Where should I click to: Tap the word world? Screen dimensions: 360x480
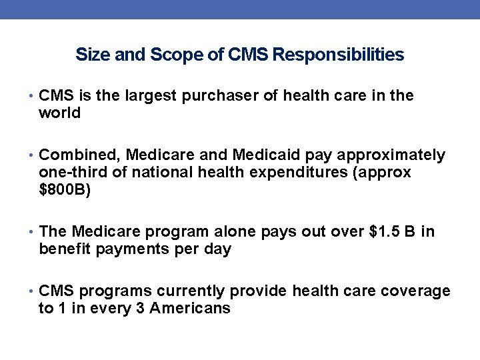click(x=60, y=113)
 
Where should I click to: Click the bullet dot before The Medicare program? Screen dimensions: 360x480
click(x=33, y=233)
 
